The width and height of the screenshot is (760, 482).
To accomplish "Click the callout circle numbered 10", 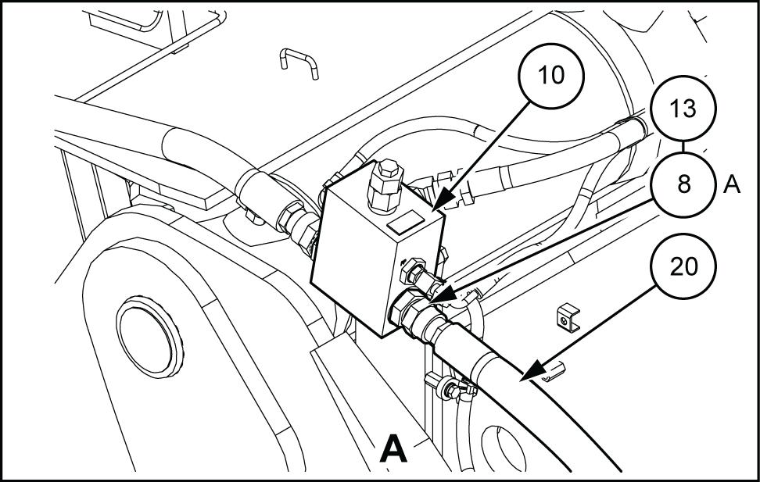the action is [551, 76].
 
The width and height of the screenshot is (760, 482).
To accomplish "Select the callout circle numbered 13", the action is [683, 109].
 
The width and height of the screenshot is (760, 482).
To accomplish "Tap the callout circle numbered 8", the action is [683, 184].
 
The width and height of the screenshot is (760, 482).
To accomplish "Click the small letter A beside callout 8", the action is [732, 185].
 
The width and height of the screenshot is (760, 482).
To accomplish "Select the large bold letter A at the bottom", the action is [393, 448].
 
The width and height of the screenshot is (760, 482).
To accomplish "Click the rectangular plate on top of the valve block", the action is [406, 223].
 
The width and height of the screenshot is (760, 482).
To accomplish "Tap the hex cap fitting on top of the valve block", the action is [386, 185].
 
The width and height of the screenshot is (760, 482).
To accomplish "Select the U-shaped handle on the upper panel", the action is [299, 62].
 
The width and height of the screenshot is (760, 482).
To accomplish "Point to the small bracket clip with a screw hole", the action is [568, 317].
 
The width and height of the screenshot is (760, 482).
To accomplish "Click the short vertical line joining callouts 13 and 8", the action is [683, 147].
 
